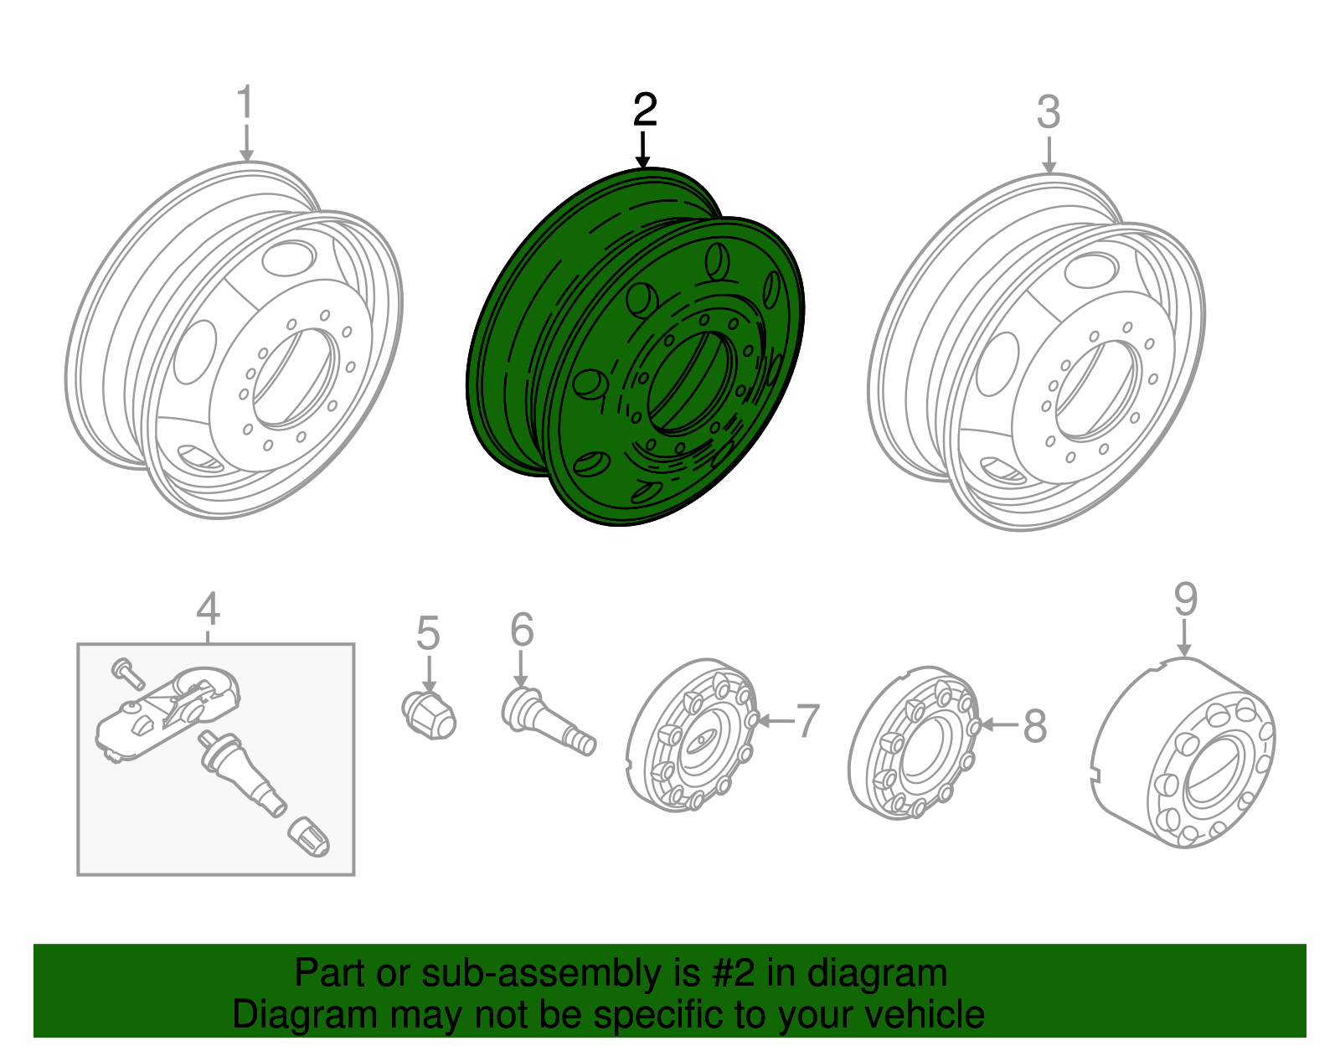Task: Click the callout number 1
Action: point(245,101)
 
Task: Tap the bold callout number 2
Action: point(645,110)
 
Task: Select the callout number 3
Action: point(1049,112)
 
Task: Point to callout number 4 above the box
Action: point(209,608)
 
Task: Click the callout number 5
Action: point(428,633)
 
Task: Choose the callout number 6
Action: point(522,629)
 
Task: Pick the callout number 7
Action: point(807,720)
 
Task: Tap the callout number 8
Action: point(1035,725)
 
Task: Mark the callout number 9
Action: point(1185,599)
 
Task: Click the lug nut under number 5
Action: point(429,716)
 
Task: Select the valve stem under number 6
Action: point(549,722)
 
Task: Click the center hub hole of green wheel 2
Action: point(692,384)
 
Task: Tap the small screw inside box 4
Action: point(127,673)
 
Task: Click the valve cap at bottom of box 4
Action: point(308,837)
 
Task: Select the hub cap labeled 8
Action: point(914,742)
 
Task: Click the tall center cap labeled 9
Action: point(1183,753)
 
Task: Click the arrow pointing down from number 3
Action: point(1049,155)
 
